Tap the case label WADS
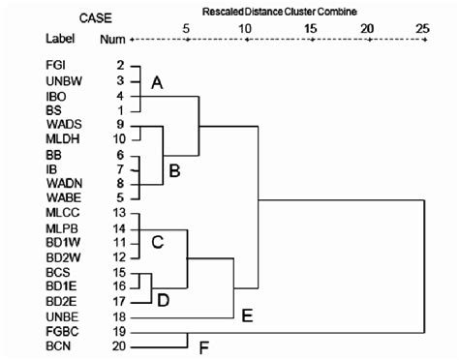(x=60, y=125)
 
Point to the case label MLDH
(x=60, y=139)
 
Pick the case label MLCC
(x=60, y=212)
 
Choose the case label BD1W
(x=60, y=242)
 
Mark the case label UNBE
(x=60, y=316)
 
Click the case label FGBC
(x=60, y=331)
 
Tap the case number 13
(x=120, y=212)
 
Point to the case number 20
(x=120, y=345)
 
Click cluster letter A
(x=157, y=85)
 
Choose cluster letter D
(x=163, y=301)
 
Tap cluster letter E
(x=248, y=315)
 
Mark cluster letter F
(x=202, y=345)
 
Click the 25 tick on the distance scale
(x=422, y=29)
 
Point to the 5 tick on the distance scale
(x=187, y=29)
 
